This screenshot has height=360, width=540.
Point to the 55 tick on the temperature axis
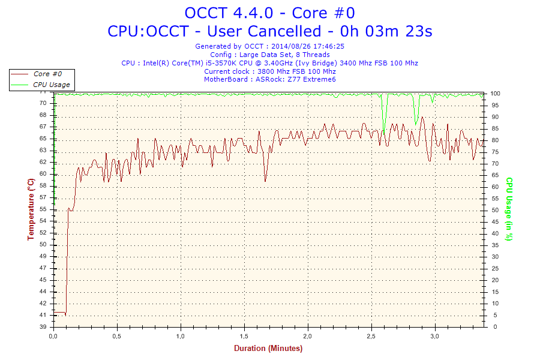(43, 209)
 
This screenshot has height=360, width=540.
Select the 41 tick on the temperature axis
(43, 315)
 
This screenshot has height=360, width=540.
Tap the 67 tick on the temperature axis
(43, 127)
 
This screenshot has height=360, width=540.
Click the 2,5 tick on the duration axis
(371, 335)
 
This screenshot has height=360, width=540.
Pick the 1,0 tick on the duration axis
(181, 335)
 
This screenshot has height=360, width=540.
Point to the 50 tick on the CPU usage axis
(496, 210)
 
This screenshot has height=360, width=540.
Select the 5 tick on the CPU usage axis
(494, 315)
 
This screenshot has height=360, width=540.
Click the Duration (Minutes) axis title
(268, 348)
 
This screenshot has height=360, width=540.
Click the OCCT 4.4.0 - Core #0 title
(269, 13)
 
